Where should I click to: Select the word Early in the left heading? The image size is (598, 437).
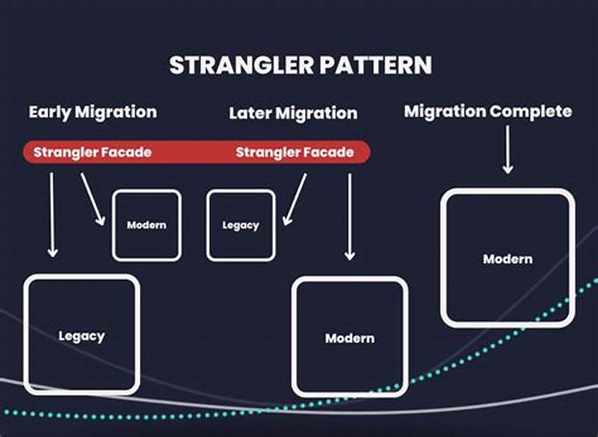click(x=52, y=112)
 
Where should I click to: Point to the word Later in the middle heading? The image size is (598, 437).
click(x=251, y=114)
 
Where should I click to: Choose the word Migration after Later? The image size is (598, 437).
click(x=317, y=114)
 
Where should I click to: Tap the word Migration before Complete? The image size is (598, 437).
click(x=445, y=112)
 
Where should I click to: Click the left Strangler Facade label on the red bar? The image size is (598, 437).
click(x=93, y=152)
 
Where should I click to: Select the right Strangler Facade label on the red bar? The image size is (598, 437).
click(x=295, y=152)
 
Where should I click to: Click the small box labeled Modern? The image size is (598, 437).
click(x=147, y=225)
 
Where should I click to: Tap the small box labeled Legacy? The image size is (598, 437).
click(x=241, y=225)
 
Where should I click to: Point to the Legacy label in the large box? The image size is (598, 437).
click(x=81, y=336)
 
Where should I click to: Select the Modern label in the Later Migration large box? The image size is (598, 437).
click(x=350, y=338)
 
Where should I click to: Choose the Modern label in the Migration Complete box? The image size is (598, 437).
click(x=508, y=259)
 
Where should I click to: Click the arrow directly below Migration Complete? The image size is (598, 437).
click(x=508, y=149)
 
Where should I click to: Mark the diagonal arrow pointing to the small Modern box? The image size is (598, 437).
click(x=93, y=198)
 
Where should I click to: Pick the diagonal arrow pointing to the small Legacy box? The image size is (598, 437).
click(x=295, y=199)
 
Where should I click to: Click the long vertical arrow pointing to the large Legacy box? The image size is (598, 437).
click(x=52, y=214)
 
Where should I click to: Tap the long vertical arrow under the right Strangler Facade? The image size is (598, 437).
click(x=349, y=217)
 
